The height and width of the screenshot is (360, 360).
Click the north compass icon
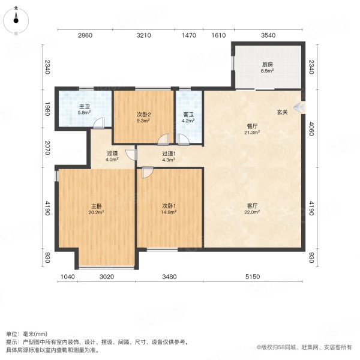tap(16, 20)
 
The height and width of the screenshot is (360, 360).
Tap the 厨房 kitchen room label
tap(267, 65)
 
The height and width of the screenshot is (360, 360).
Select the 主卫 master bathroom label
tap(85, 107)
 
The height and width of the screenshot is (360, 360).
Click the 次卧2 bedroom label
tap(144, 115)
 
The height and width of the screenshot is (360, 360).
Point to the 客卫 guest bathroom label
tap(188, 115)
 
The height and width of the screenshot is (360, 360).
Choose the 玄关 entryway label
tap(282, 112)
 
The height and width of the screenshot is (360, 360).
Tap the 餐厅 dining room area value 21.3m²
tap(252, 133)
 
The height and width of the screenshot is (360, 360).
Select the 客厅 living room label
tap(252, 206)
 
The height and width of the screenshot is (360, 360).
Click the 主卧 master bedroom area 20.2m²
tap(96, 212)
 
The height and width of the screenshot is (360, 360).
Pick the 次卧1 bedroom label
tap(169, 206)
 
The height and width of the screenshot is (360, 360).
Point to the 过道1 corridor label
tap(169, 154)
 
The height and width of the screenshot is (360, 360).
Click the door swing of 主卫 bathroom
tap(99, 123)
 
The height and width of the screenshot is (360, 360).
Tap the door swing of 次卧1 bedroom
tap(148, 172)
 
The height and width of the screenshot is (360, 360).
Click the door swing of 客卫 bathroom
tap(184, 140)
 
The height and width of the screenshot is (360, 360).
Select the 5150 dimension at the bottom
tap(253, 277)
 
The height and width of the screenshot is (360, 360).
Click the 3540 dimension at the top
tap(268, 35)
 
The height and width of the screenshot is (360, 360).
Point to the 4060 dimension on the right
tap(311, 129)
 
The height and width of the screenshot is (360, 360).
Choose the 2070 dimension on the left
tap(47, 148)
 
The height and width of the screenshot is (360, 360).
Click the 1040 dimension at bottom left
tap(67, 277)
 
